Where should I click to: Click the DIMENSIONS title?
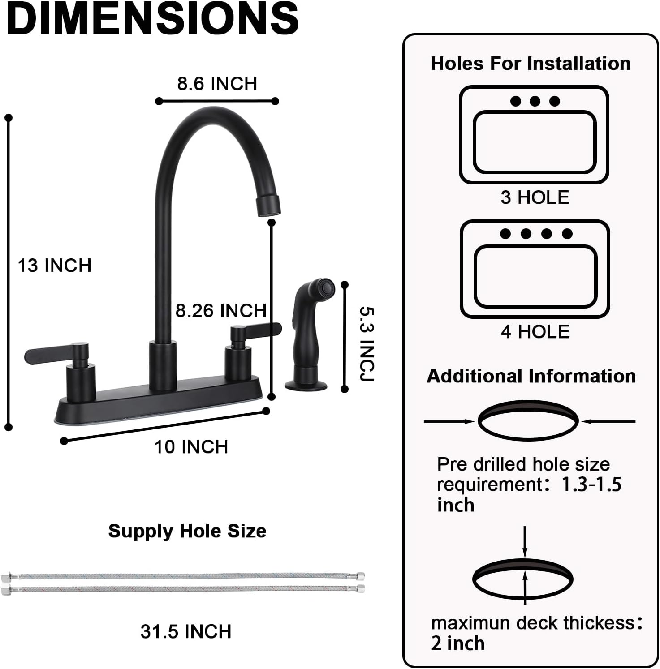(x=152, y=19)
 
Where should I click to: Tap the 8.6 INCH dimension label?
(x=217, y=84)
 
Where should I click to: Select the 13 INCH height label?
(x=54, y=266)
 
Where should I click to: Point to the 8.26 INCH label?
(x=220, y=310)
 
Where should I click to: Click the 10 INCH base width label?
(x=191, y=447)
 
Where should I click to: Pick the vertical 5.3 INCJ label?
(x=367, y=344)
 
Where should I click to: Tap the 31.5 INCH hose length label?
(x=185, y=631)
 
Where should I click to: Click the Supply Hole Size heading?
(x=187, y=531)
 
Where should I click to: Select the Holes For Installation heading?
(x=531, y=64)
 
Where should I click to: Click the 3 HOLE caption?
(x=535, y=197)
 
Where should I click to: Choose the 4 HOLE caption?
(x=535, y=332)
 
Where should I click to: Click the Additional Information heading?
(x=531, y=376)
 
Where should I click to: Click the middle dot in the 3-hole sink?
(x=535, y=101)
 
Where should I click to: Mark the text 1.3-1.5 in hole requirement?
(x=591, y=485)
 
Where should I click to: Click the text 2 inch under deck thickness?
(x=457, y=643)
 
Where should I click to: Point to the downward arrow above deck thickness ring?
(x=525, y=542)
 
